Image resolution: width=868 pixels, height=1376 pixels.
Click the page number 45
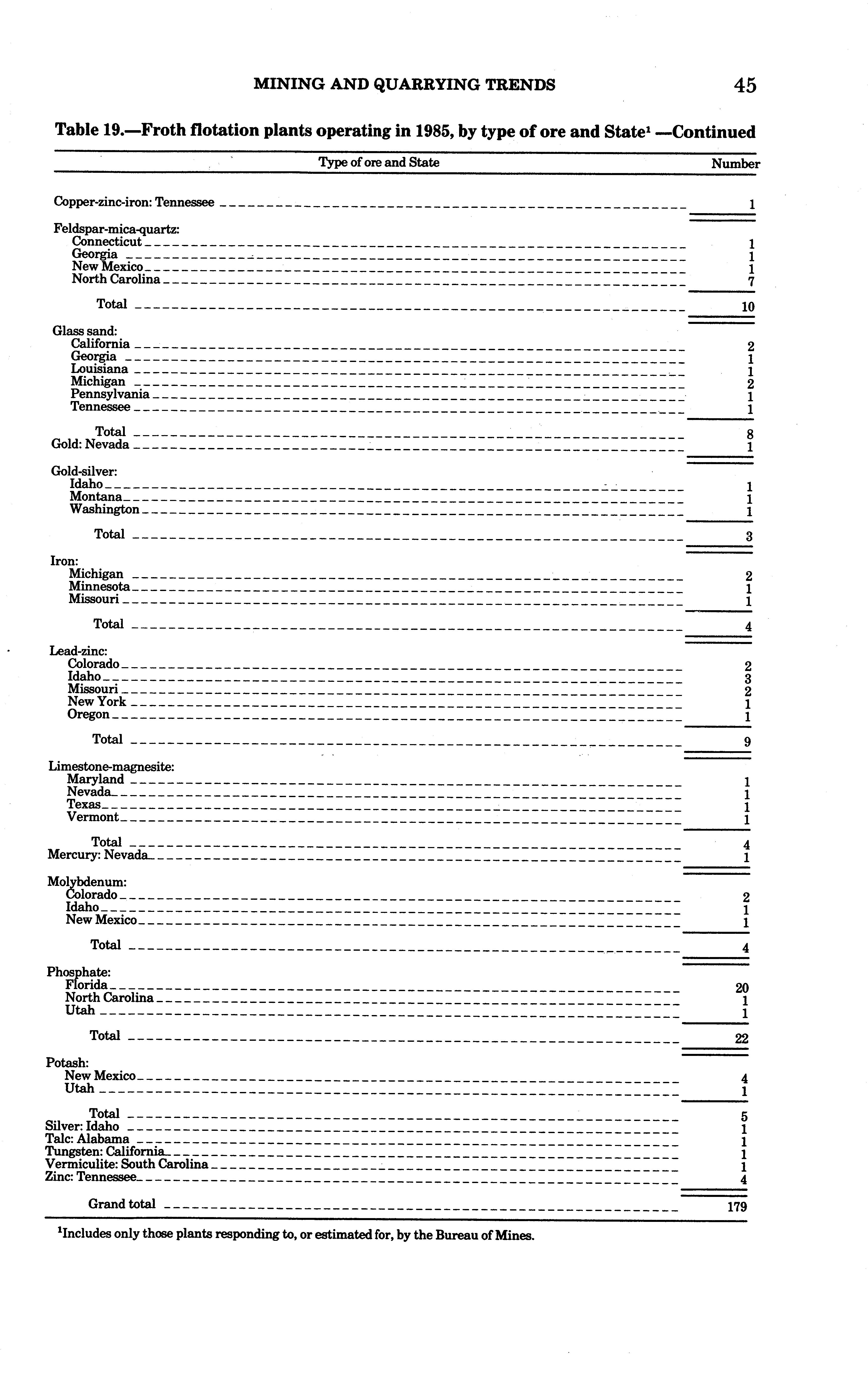[x=745, y=86]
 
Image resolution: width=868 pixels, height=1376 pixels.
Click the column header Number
[x=735, y=164]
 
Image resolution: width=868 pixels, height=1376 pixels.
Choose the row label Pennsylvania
[x=110, y=394]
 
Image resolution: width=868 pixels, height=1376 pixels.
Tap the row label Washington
[x=105, y=509]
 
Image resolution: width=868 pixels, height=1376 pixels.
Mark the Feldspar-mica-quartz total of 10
[x=747, y=307]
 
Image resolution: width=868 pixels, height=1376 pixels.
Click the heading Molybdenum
[x=87, y=882]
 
